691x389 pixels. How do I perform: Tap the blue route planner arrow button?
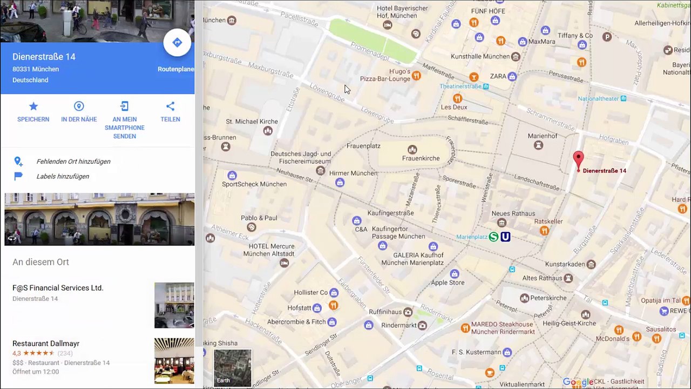[177, 43]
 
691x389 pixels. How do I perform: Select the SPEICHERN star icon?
[33, 106]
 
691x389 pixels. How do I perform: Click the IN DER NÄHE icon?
[79, 106]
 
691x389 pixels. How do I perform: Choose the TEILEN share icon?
[170, 106]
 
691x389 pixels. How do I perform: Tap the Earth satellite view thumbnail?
[232, 367]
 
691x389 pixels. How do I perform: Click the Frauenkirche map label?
[421, 158]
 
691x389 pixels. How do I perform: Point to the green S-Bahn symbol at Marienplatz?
[493, 237]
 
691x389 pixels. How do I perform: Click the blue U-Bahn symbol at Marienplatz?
[505, 237]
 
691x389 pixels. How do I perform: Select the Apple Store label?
[448, 283]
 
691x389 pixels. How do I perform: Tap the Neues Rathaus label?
[513, 213]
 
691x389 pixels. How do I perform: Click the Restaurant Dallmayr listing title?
[46, 344]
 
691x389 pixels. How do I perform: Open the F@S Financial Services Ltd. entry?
[58, 288]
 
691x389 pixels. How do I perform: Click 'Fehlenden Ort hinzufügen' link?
[73, 162]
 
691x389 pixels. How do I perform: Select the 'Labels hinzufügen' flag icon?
[18, 176]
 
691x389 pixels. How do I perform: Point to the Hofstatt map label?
[299, 307]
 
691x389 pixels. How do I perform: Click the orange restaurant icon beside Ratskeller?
[544, 231]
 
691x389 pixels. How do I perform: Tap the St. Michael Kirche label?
[252, 122]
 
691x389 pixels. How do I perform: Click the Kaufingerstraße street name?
[390, 213]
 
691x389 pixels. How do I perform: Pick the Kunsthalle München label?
[480, 56]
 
